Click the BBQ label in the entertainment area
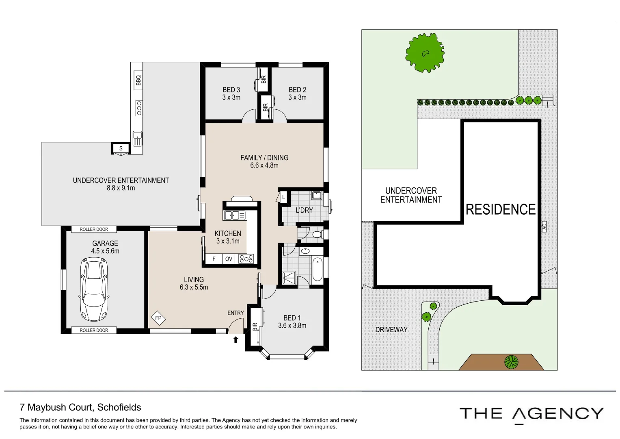[138, 80]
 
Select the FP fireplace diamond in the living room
[158, 318]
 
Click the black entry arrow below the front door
[235, 339]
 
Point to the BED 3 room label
[231, 90]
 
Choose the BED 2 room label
[297, 90]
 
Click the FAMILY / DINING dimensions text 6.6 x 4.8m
[264, 165]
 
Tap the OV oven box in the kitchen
[229, 259]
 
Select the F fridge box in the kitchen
[214, 259]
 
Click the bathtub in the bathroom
[317, 269]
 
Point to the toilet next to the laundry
[318, 235]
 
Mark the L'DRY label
[304, 210]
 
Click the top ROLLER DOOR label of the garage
[94, 229]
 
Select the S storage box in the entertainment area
[121, 149]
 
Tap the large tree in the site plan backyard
[425, 53]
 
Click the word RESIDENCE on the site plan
[500, 210]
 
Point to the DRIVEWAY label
[391, 330]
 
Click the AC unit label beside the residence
[544, 226]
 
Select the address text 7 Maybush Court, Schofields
[80, 407]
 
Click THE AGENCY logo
[531, 414]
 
